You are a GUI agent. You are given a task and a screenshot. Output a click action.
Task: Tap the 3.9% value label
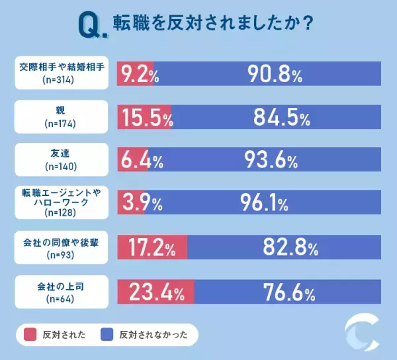point(140,203)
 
